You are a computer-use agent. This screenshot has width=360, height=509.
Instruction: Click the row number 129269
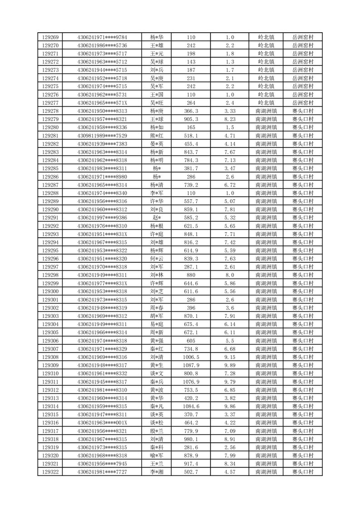point(50,37)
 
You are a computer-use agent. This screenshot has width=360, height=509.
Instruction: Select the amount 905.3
point(191,119)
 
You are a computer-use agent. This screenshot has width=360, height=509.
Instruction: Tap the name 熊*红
point(157,136)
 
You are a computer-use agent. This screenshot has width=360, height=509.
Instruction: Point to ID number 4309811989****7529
point(102,136)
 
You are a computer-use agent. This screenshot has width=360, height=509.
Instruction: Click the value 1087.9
point(191,365)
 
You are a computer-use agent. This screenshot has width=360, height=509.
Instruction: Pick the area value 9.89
point(230,365)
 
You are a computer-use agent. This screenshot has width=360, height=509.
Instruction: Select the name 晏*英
point(157,144)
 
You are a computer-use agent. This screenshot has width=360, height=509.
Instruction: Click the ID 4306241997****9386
point(102,218)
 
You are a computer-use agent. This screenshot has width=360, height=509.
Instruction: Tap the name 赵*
point(157,218)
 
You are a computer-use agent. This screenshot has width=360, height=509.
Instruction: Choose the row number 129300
point(50,291)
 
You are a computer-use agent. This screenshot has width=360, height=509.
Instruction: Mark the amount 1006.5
point(191,357)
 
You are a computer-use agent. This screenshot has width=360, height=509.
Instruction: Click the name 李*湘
point(157,472)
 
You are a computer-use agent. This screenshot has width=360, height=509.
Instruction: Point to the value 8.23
point(230,119)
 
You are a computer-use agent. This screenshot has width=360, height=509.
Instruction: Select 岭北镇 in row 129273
point(266,70)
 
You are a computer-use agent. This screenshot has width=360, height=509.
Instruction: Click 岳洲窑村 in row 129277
point(303,103)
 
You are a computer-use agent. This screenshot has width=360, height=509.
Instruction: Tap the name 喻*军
point(157,455)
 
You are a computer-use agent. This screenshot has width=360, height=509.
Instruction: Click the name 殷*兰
point(157,431)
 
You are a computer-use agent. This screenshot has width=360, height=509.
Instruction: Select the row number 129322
point(50,472)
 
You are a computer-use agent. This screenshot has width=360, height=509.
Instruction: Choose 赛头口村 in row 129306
point(303,341)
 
